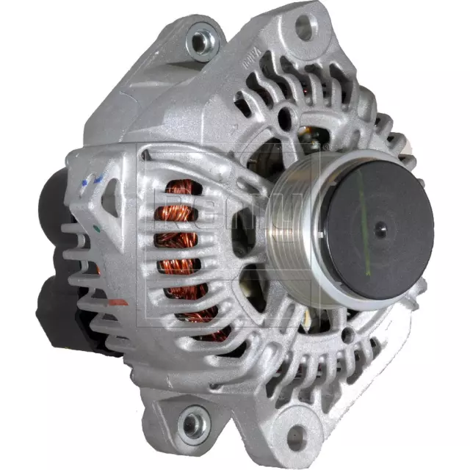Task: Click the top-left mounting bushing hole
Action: point(201,41)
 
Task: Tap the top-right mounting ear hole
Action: point(304,28)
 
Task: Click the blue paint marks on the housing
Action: point(92,181)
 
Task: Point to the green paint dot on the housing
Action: point(98,228)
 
